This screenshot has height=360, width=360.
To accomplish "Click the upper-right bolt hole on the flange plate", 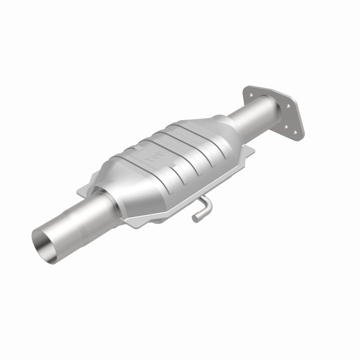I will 287,106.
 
